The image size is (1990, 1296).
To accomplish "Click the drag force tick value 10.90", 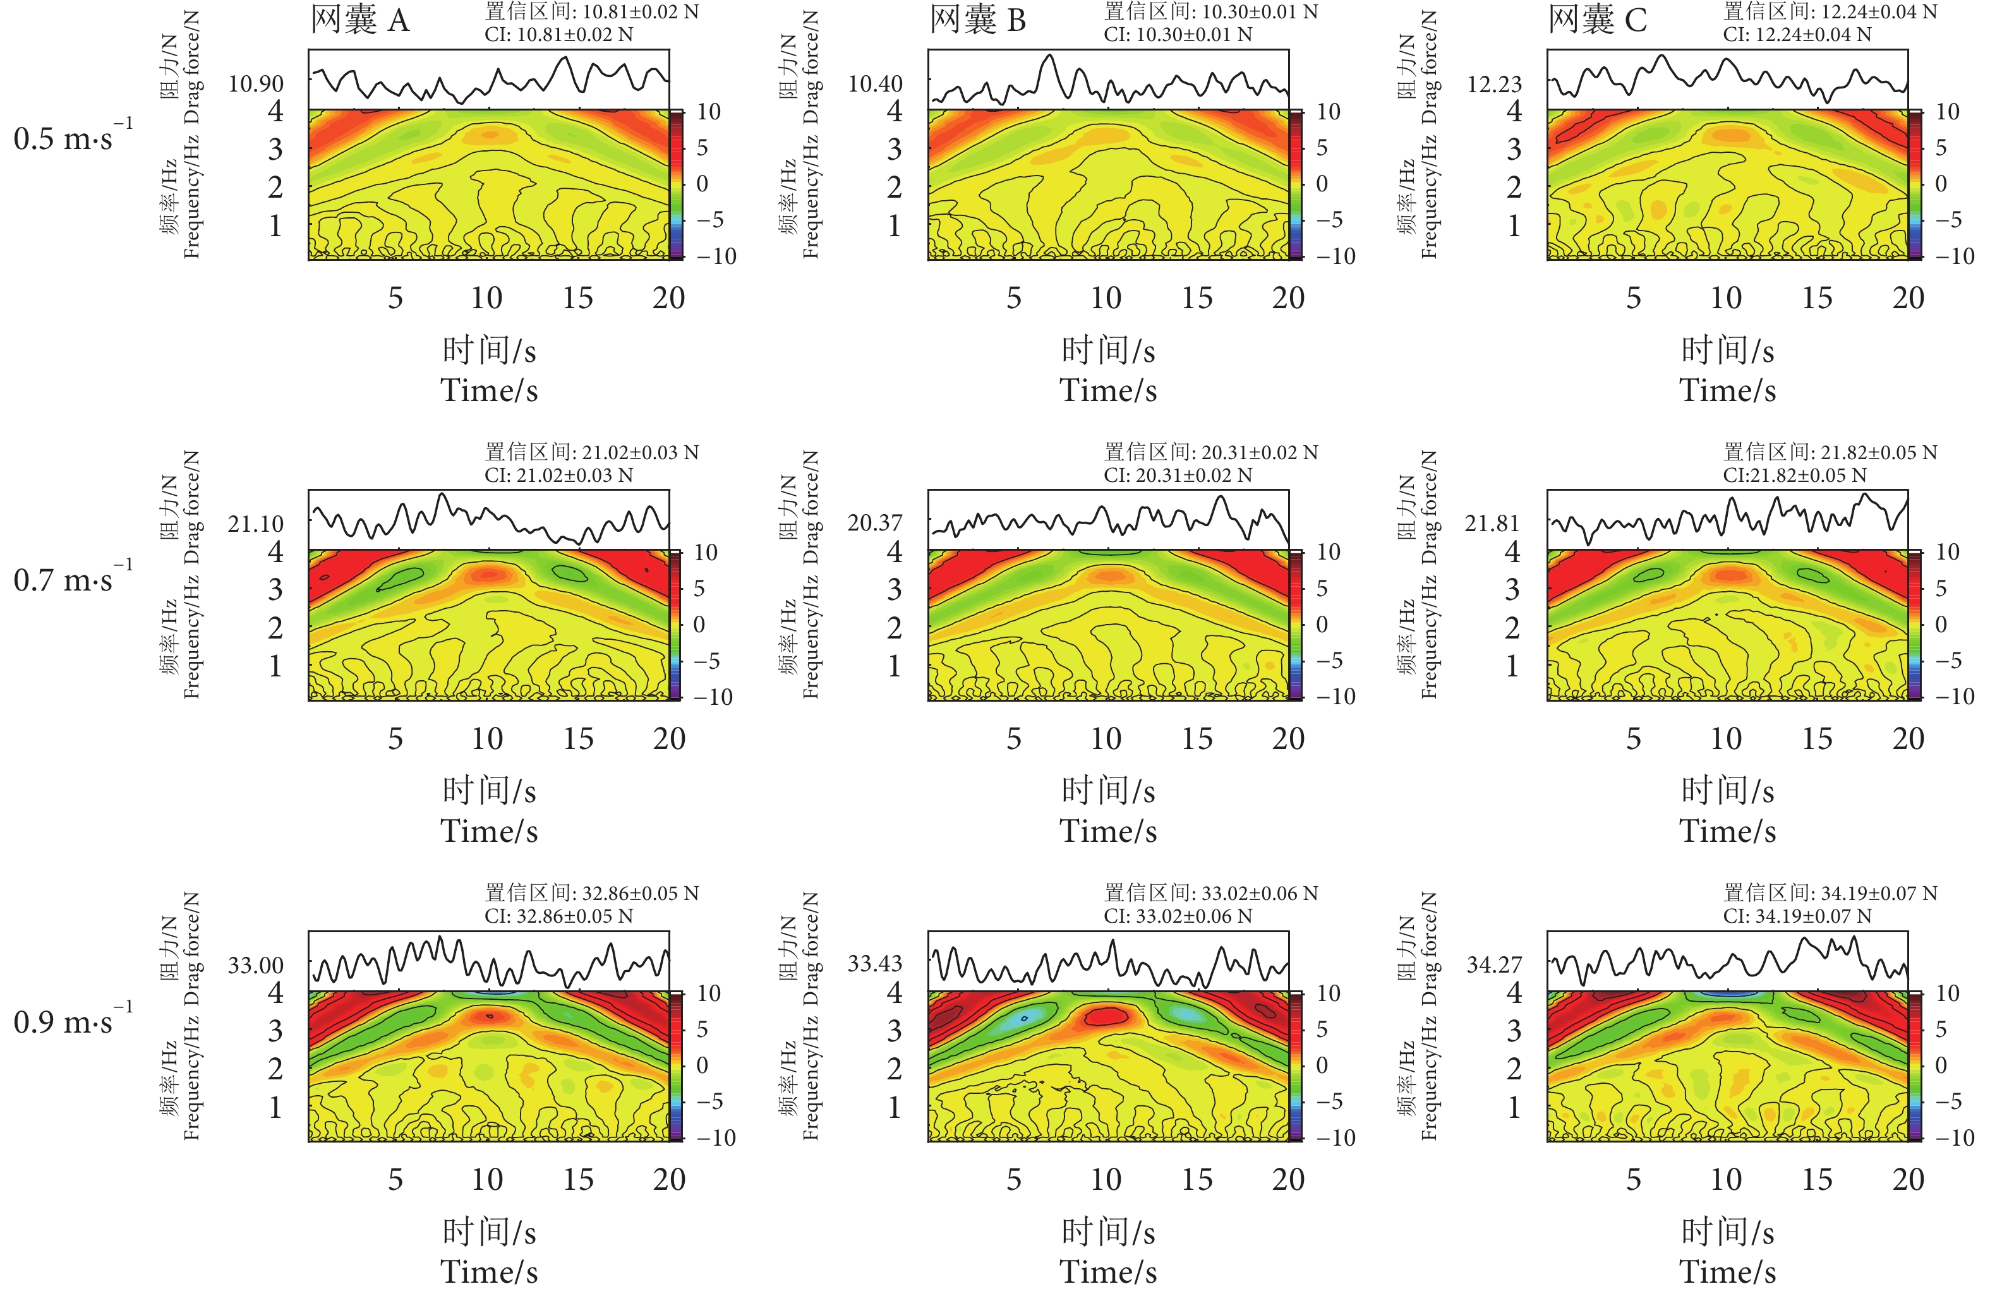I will tap(256, 83).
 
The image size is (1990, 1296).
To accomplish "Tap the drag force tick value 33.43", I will tap(874, 964).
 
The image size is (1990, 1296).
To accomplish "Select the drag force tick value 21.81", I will tap(1492, 524).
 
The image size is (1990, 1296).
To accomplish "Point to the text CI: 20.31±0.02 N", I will tap(1178, 476).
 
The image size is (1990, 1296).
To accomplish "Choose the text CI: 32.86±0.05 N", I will tap(558, 916).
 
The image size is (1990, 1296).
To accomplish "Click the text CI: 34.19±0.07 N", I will tap(1797, 916).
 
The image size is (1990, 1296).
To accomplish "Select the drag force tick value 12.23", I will tap(1494, 83).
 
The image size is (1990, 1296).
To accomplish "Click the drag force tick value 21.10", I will tap(256, 524).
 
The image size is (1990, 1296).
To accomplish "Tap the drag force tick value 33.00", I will tap(256, 966).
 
